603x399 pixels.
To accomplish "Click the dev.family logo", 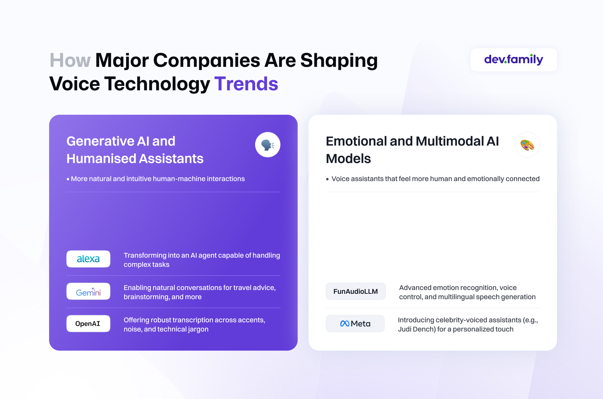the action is [x=514, y=60].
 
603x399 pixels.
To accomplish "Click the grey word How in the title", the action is [x=70, y=60].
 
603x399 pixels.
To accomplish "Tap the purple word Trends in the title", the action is [x=246, y=84].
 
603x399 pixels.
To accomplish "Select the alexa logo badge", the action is [x=88, y=259].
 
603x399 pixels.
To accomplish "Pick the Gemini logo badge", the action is [x=88, y=291].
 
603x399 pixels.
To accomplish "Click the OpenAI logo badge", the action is [x=88, y=324].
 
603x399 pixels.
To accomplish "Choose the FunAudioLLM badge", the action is [x=356, y=291].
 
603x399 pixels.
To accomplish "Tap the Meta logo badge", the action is [x=355, y=324].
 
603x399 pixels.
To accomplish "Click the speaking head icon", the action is [x=268, y=145].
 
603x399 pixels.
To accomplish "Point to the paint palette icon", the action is [x=527, y=145].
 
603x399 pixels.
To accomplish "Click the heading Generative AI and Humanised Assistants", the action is [x=135, y=150].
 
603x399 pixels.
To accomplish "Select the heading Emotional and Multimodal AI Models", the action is [x=412, y=150].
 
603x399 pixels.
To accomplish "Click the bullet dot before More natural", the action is [x=68, y=179].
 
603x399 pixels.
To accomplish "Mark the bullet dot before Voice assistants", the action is [x=327, y=179].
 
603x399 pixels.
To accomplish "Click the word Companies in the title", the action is [x=207, y=60].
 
